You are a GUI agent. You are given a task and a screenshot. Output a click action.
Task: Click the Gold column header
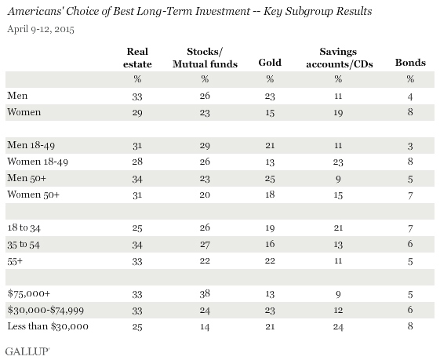point(270,62)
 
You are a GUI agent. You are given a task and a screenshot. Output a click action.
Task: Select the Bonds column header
point(410,62)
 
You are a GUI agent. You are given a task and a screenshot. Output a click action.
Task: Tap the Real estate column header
point(137,57)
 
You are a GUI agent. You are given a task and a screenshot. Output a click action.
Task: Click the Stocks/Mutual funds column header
point(205,57)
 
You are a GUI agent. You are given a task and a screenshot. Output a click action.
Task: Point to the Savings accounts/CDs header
point(340,57)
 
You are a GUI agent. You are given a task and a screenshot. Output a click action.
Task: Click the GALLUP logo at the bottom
point(27,351)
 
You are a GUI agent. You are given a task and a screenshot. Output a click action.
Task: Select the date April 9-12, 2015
point(41,29)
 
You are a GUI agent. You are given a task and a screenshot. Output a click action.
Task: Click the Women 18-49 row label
point(38,162)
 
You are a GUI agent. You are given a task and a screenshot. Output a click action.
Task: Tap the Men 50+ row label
point(27,178)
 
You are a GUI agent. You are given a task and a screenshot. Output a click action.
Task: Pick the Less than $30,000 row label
point(48,326)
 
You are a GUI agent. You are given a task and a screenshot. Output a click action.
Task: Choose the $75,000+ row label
point(28,293)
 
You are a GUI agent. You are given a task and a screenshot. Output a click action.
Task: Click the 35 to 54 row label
point(24,245)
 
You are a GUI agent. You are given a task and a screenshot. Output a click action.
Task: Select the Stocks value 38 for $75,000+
point(205,294)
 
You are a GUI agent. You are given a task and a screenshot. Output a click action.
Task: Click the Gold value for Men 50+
point(270,179)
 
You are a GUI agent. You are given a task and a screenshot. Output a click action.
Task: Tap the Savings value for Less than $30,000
point(338,326)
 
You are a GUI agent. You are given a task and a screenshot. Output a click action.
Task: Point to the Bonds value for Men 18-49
point(410,146)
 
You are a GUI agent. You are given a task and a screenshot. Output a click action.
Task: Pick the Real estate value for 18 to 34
point(137,227)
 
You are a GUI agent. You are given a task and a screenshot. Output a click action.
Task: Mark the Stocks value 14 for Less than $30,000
point(205,326)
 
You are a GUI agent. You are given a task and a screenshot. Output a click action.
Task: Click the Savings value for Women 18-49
point(338,162)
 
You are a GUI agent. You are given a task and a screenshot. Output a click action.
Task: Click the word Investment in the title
point(223,11)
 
